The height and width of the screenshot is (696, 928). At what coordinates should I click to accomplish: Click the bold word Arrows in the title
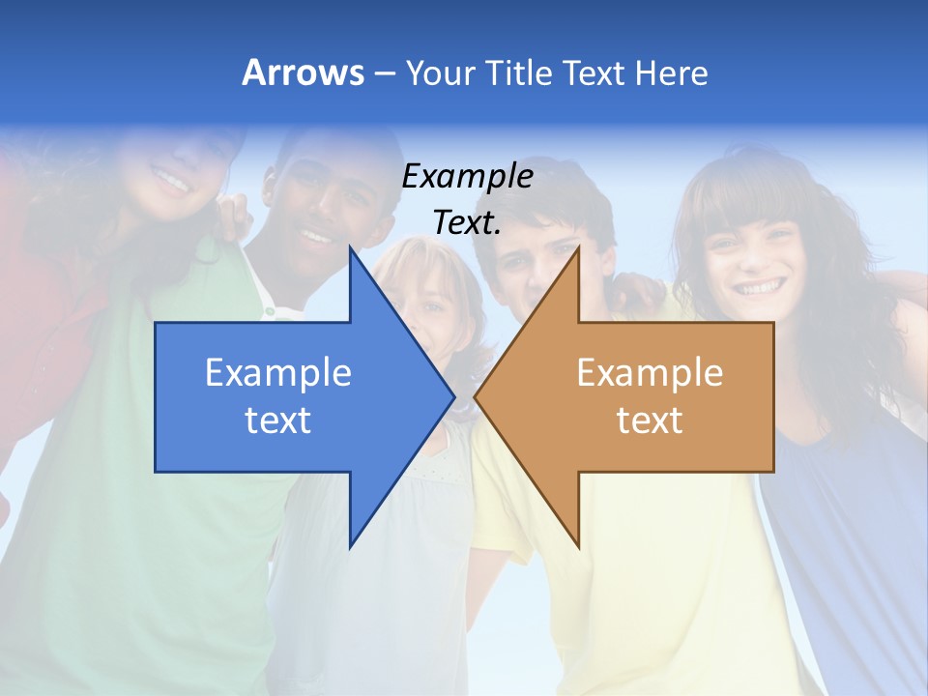pos(303,72)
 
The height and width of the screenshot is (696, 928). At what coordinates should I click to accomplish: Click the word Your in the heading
pos(437,72)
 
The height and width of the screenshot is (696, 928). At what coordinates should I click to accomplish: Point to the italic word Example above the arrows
pos(467,177)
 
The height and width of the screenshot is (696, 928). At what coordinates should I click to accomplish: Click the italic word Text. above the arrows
pos(467,223)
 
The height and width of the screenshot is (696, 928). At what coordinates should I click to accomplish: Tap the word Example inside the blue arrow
pos(278,373)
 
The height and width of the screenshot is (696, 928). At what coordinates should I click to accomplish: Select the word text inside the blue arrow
pos(278,420)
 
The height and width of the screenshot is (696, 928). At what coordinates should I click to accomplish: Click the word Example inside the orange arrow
pos(650,373)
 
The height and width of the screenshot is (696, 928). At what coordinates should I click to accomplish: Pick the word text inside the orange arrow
pos(650,420)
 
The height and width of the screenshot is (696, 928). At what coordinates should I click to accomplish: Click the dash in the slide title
pos(384,73)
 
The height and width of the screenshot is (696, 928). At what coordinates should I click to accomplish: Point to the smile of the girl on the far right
pos(761,287)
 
